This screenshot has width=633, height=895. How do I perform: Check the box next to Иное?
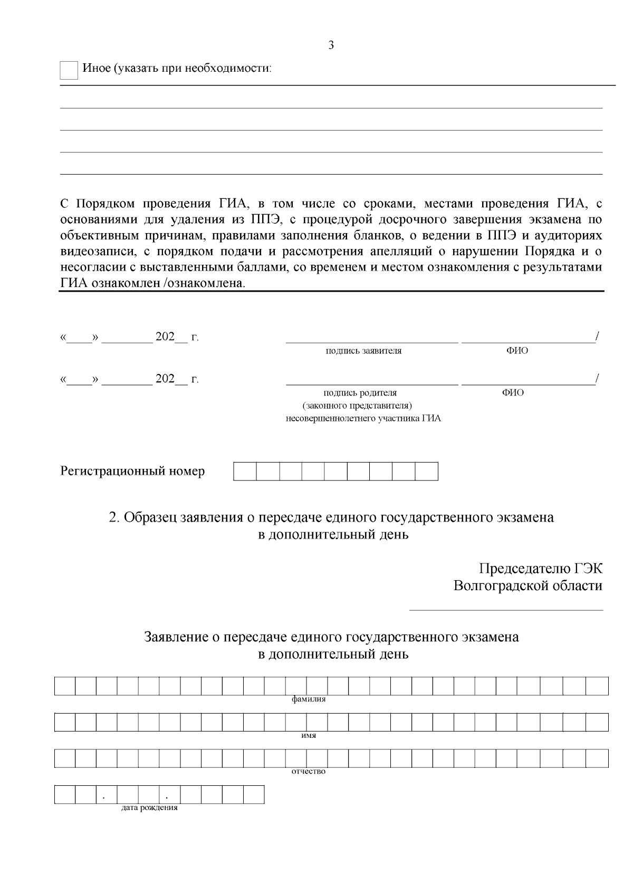[69, 70]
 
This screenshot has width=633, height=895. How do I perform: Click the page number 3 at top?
[331, 45]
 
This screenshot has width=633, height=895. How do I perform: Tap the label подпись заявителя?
[363, 351]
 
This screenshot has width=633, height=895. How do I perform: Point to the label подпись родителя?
[360, 393]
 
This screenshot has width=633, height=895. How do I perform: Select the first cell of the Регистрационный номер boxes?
[245, 471]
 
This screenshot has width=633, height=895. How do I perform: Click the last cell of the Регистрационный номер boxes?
[427, 471]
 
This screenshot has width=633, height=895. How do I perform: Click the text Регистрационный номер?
[132, 471]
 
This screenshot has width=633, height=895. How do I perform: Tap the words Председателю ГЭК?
[540, 569]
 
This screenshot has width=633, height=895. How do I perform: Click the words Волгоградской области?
[527, 586]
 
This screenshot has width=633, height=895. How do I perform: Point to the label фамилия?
[309, 699]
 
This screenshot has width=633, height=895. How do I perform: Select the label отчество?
[309, 772]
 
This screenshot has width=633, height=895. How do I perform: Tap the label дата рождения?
[149, 807]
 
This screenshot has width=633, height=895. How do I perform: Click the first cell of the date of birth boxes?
[65, 794]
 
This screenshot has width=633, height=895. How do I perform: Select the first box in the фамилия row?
[65, 686]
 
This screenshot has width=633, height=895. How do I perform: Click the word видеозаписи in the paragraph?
[93, 251]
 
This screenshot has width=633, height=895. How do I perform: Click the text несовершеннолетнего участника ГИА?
[363, 419]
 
